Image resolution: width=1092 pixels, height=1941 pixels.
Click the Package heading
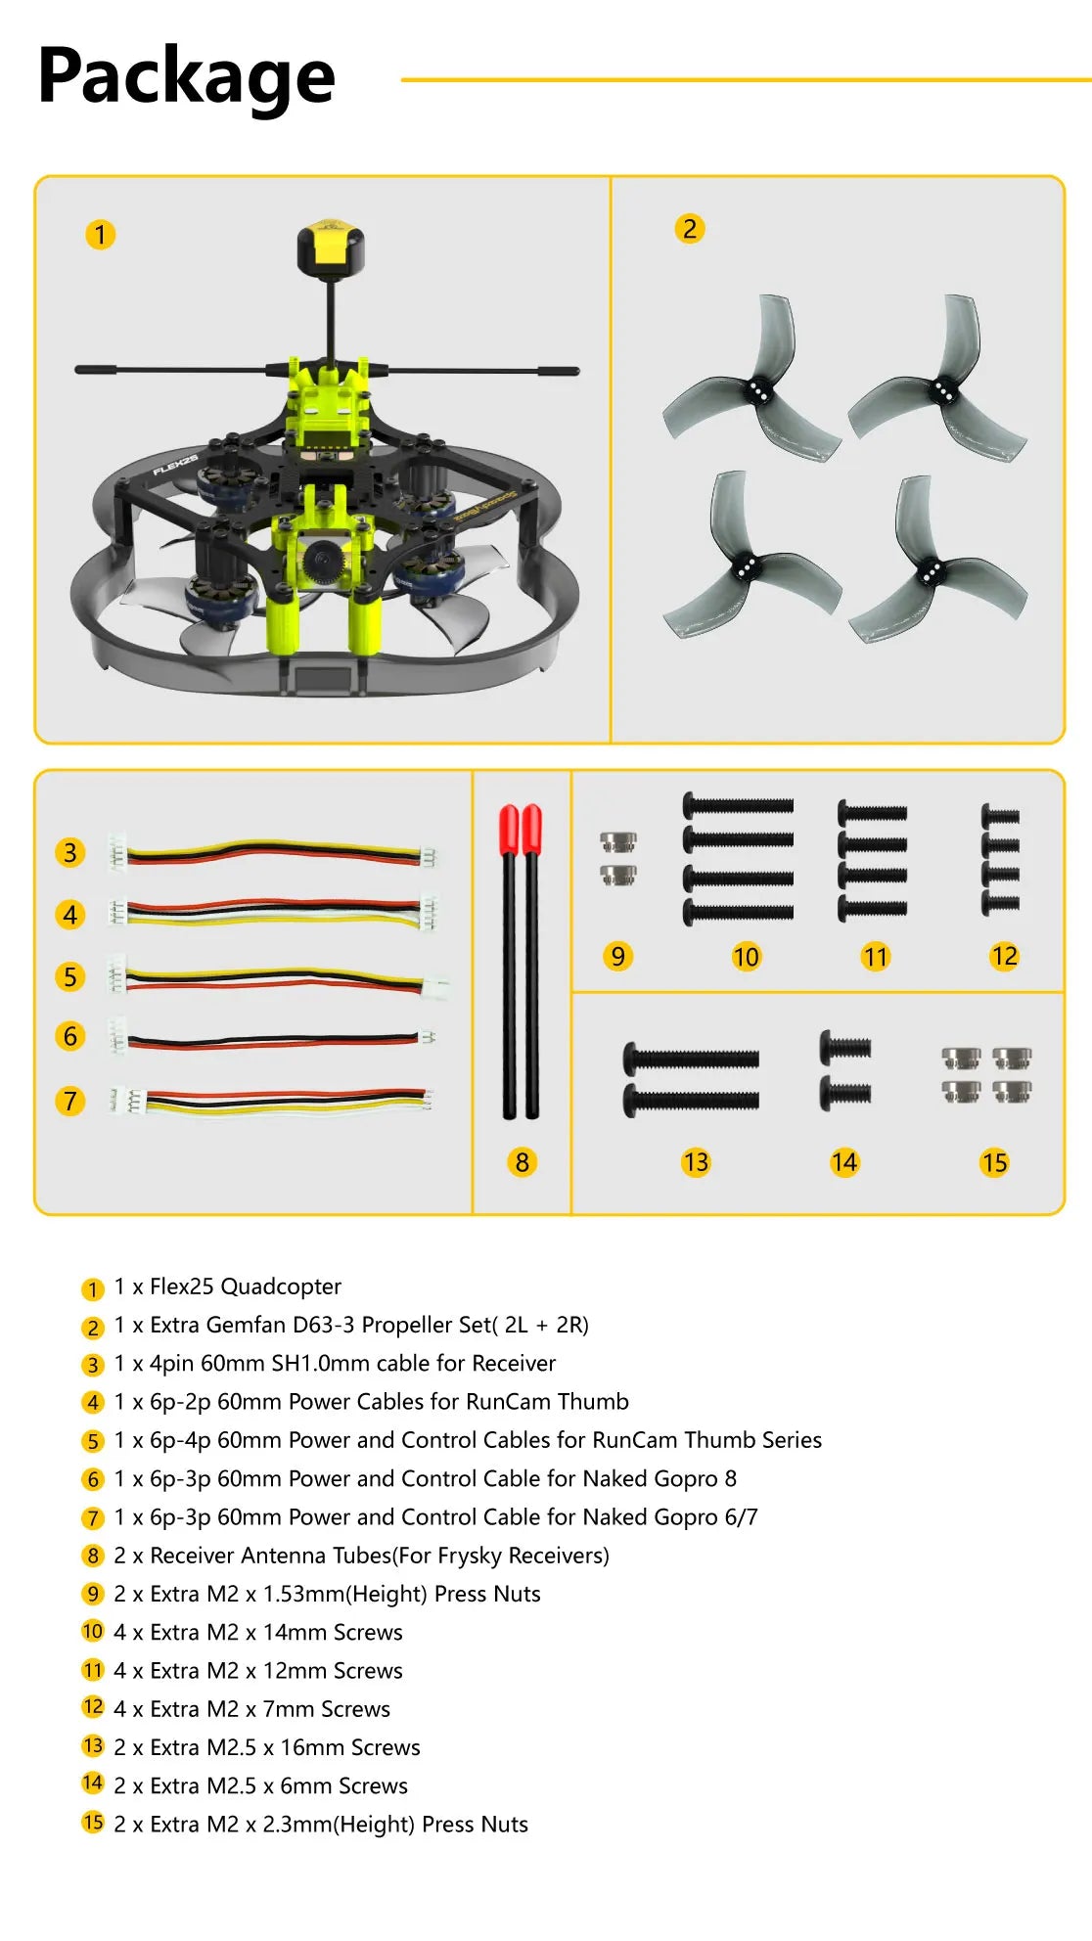[186, 77]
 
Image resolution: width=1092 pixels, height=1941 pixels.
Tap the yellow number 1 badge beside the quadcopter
[100, 235]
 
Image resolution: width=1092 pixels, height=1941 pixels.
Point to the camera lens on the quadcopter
[318, 560]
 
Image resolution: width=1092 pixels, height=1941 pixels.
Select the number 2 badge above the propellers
[690, 229]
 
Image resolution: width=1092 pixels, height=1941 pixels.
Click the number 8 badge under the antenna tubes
[522, 1162]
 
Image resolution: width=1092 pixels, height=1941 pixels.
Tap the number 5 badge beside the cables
[70, 976]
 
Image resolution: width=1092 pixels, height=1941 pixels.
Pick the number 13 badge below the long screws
[696, 1162]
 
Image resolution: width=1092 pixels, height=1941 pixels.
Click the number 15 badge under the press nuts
[994, 1162]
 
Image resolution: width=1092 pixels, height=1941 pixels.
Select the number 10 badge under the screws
[746, 957]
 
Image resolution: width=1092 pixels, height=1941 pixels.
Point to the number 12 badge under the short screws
[1004, 956]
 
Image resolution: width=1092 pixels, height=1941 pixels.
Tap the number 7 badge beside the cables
[70, 1101]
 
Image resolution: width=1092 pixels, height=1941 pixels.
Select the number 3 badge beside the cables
[70, 852]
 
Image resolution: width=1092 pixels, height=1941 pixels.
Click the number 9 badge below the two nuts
[617, 956]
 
